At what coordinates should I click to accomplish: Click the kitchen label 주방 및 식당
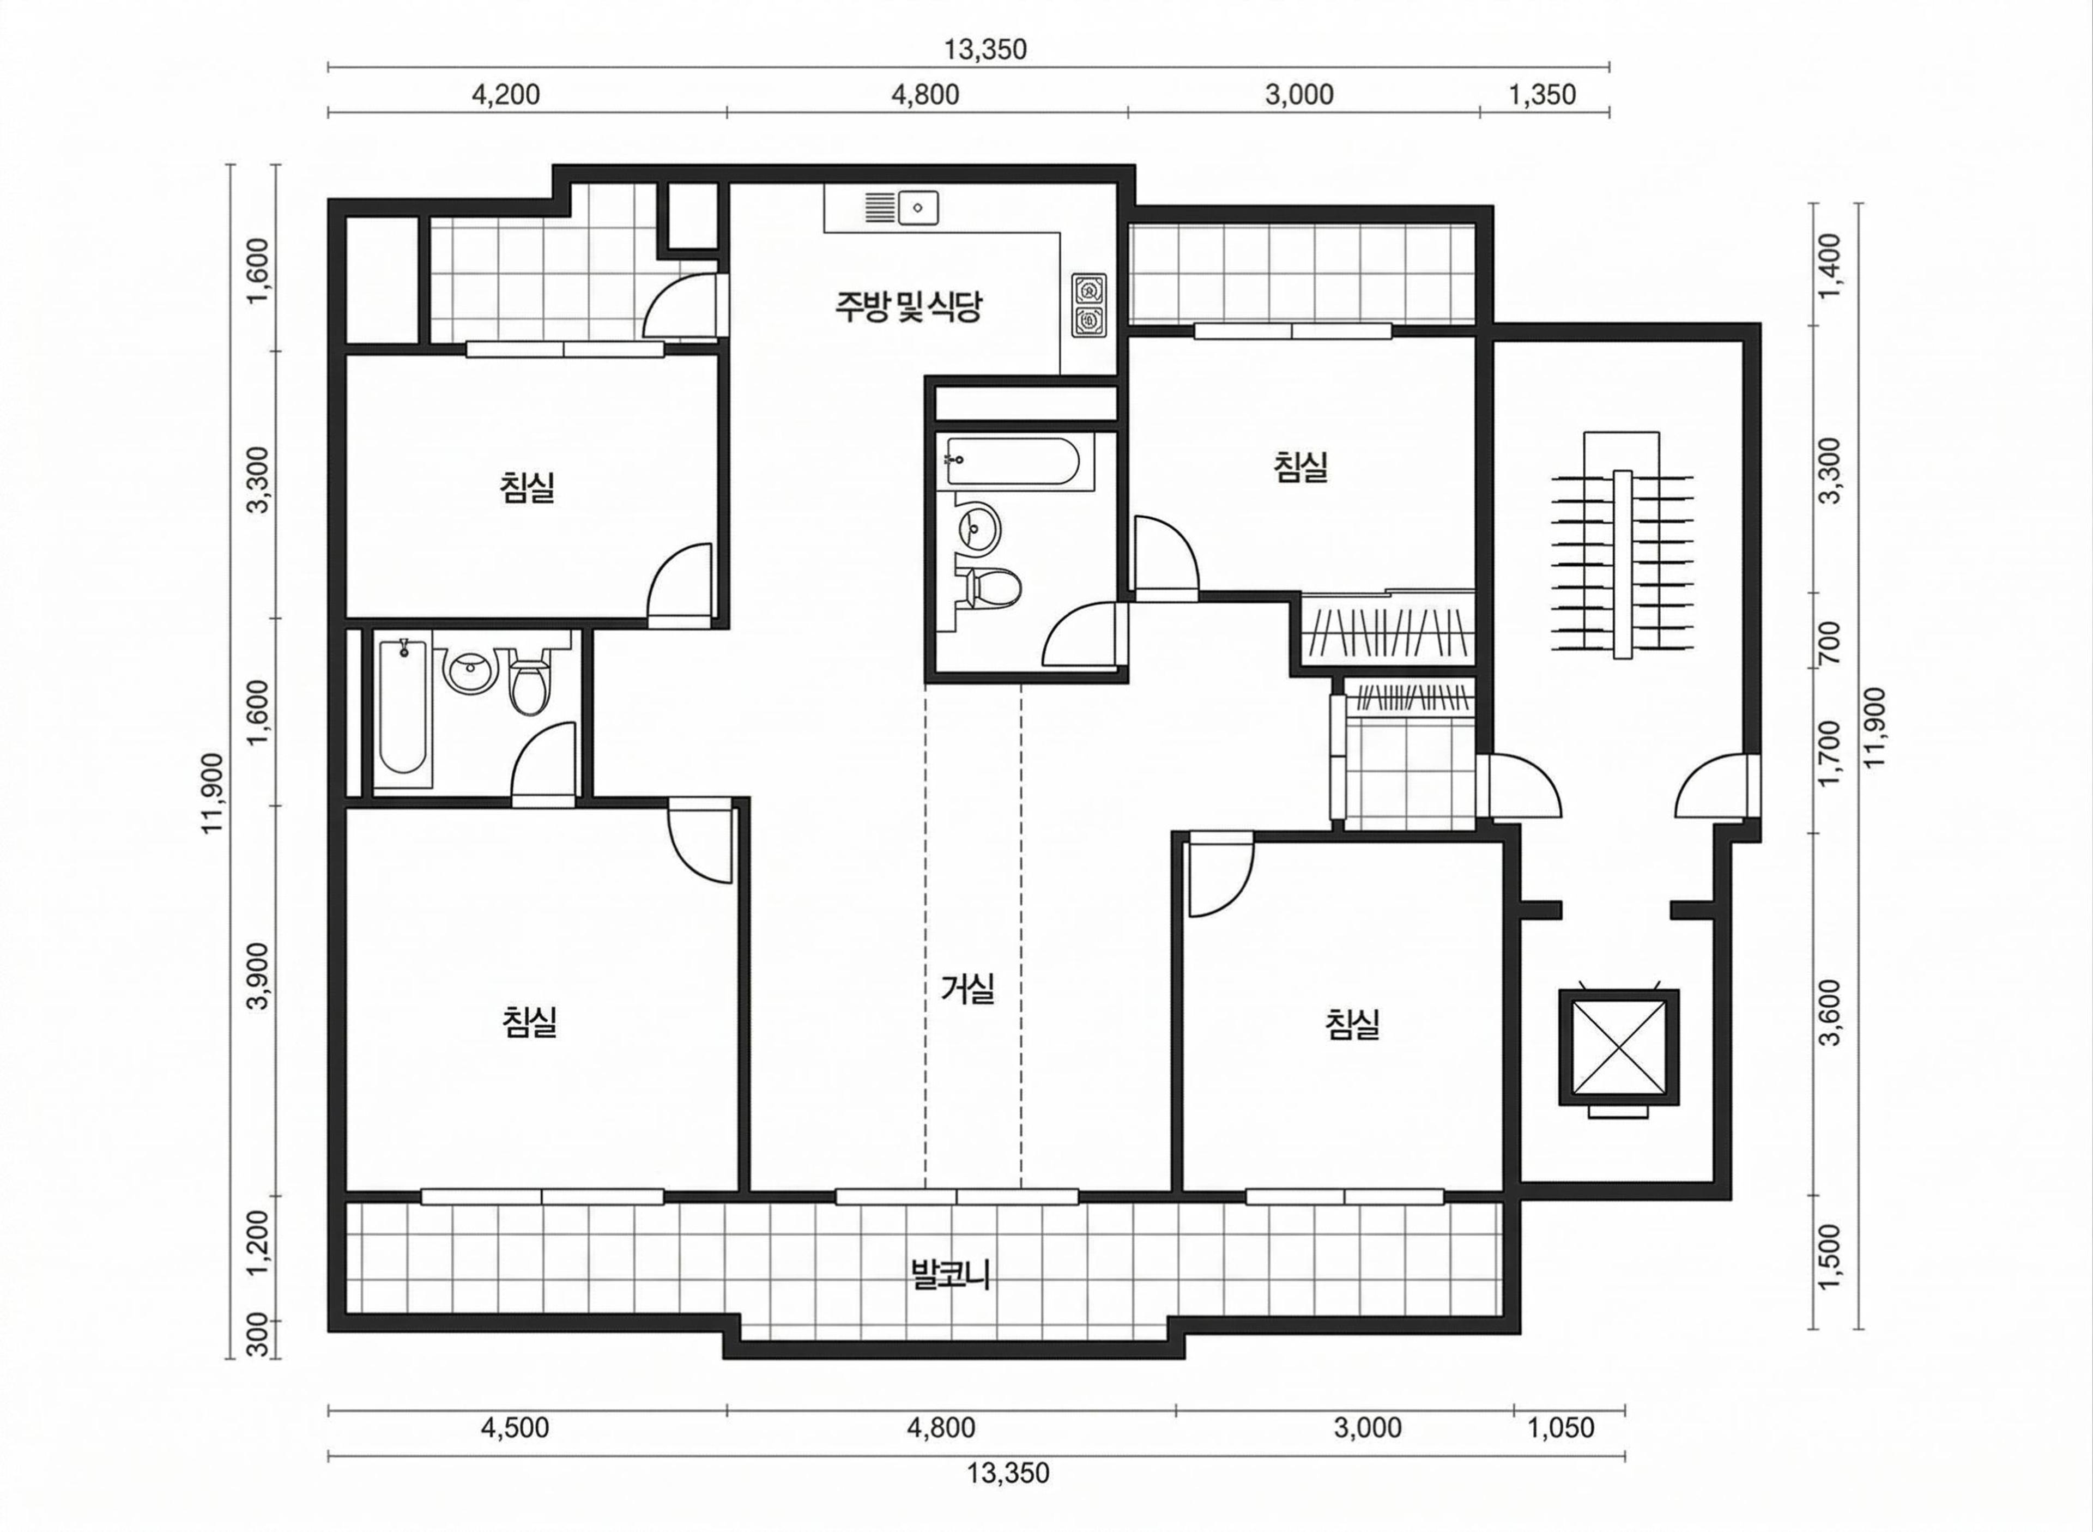point(908,307)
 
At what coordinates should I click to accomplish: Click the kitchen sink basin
point(918,206)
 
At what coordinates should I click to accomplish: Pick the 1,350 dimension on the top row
point(1542,95)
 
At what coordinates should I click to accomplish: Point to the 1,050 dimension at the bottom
point(1560,1427)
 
